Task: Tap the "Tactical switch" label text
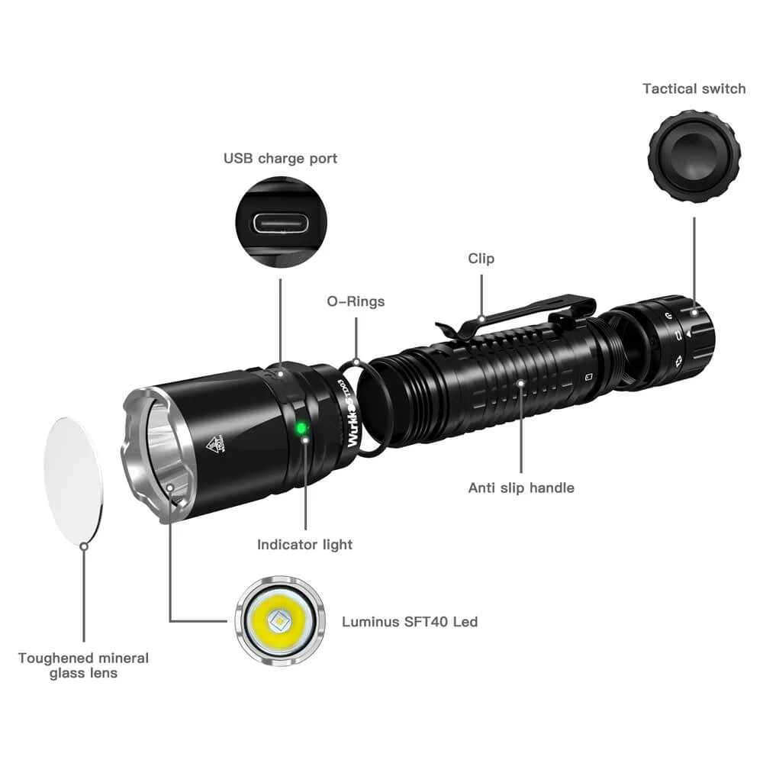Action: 694,89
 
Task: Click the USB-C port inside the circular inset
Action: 280,224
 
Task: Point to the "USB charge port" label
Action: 280,159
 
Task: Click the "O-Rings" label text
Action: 356,301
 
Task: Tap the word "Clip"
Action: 481,259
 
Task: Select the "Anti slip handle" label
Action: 521,488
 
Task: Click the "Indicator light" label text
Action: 304,545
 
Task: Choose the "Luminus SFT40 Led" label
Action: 409,622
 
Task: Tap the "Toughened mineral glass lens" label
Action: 83,665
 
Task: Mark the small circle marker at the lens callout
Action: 84,545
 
